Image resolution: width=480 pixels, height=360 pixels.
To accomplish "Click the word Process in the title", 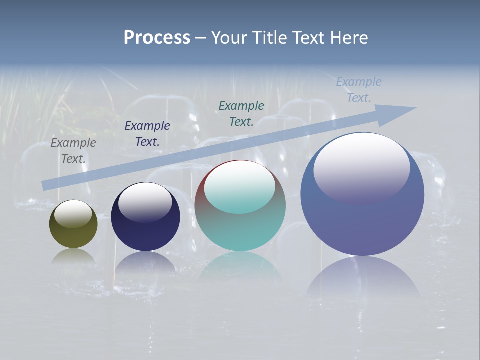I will (x=157, y=38).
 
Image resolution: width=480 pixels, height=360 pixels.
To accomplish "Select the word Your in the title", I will (x=230, y=38).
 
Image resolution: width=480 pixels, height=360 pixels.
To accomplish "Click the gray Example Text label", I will (x=73, y=150).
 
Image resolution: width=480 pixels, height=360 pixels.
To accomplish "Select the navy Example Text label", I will (x=147, y=133).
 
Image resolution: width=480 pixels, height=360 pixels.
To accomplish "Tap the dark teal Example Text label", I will (x=241, y=113).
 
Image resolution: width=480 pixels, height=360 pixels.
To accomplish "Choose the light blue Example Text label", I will (x=359, y=89).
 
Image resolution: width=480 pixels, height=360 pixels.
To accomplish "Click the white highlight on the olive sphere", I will (x=73, y=214).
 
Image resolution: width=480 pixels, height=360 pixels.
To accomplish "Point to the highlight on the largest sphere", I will (x=361, y=167).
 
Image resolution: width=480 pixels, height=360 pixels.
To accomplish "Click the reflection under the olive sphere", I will (x=73, y=255).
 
